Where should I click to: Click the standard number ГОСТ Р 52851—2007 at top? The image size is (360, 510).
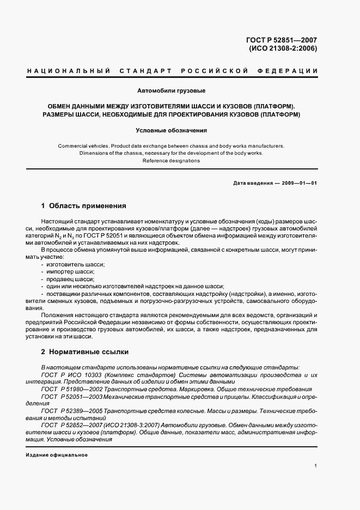pos(282,40)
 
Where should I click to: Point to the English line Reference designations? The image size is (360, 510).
pos(171,161)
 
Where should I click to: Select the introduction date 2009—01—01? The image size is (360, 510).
pos(298,183)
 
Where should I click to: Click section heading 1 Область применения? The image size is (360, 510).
pos(83,206)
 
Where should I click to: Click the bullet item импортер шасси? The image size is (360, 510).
pos(71,271)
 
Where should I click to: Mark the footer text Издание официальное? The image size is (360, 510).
pos(57,455)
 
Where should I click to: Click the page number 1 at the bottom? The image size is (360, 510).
pos(315,466)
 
